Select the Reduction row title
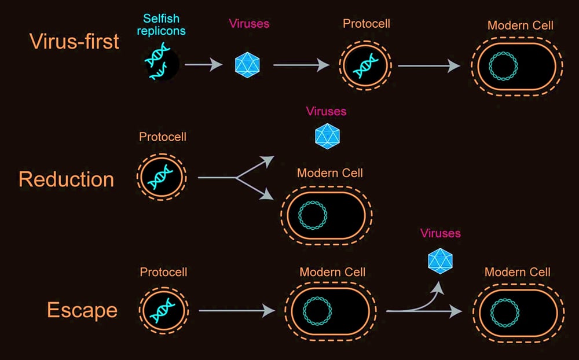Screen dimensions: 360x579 coord(66,179)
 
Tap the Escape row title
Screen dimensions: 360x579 coord(82,310)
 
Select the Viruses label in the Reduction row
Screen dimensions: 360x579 coord(326,111)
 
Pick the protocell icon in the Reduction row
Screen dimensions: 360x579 coord(162,178)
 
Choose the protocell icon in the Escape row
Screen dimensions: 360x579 coord(163,310)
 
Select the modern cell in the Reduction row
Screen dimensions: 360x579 coord(327,215)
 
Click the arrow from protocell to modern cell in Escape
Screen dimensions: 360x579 coord(236,311)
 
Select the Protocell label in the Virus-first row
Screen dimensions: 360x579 coord(367,24)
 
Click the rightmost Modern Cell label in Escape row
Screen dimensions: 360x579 coord(517,272)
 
